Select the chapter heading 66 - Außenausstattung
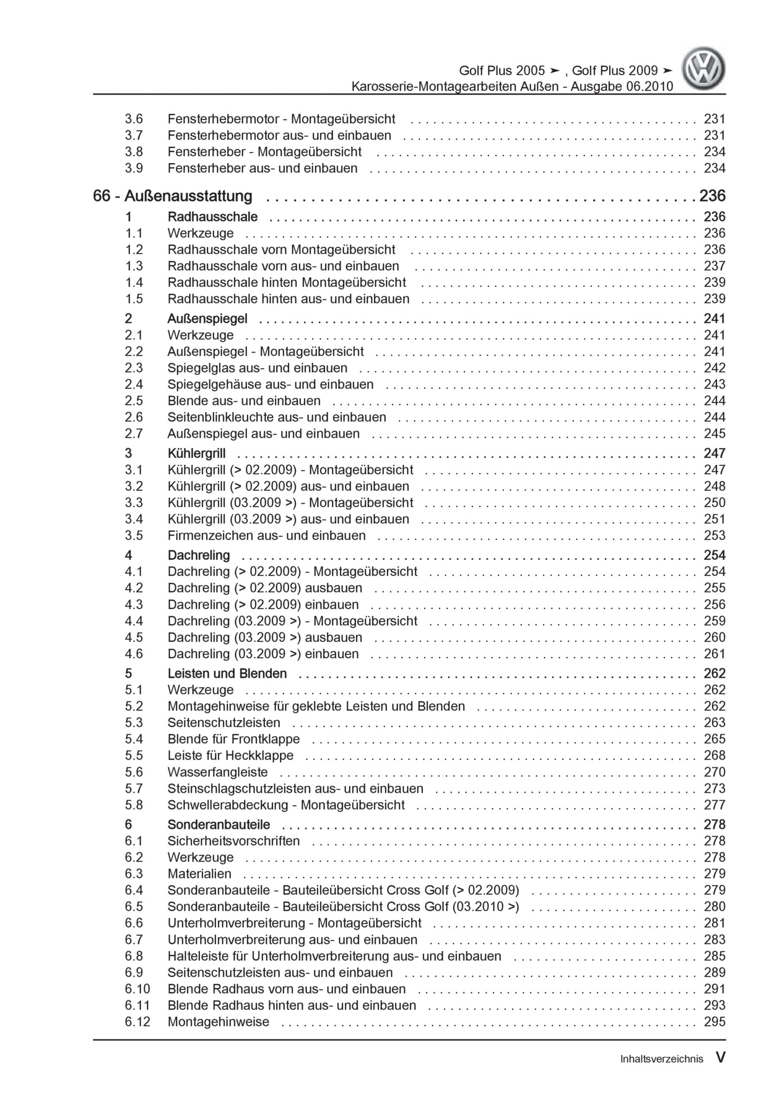tap(172, 196)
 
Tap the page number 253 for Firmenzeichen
tap(714, 535)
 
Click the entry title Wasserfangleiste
tap(217, 772)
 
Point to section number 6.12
tap(137, 1022)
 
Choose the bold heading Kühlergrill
tap(196, 453)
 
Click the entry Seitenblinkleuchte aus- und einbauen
tap(277, 417)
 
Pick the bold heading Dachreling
tap(198, 555)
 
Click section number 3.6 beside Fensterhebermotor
tap(134, 118)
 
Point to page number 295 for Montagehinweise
tap(714, 1022)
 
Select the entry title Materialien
tap(199, 873)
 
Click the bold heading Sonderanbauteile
tap(218, 825)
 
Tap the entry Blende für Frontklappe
tap(233, 739)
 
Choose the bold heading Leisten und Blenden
tap(227, 673)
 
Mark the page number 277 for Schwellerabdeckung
tap(714, 805)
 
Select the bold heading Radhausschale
tap(212, 217)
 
